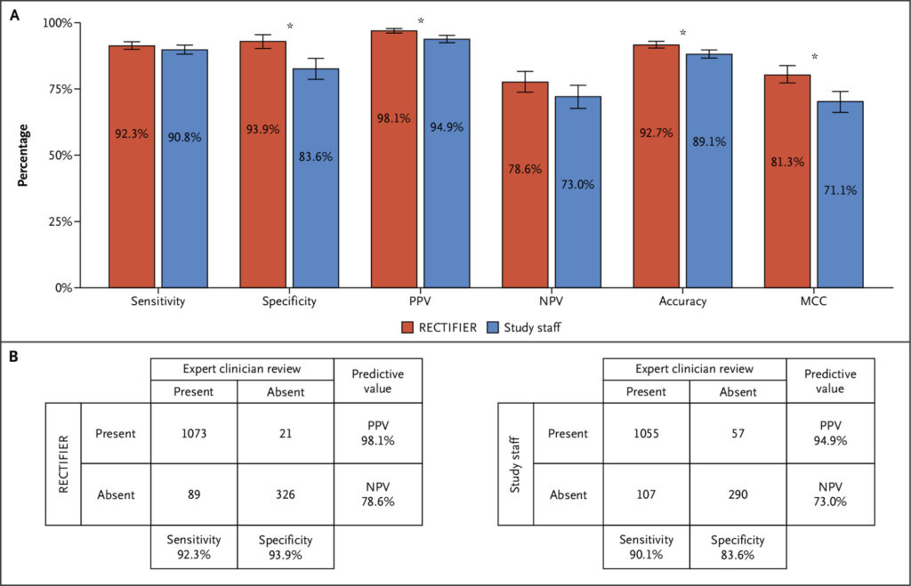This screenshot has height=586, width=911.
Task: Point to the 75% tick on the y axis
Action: [78, 89]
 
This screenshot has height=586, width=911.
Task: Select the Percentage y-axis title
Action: [25, 156]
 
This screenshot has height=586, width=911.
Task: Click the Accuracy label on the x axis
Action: [683, 302]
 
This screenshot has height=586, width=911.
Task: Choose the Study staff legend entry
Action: [524, 327]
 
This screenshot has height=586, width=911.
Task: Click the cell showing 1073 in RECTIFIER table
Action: [194, 434]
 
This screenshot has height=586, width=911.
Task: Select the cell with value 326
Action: [286, 494]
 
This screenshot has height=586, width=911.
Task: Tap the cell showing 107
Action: [648, 494]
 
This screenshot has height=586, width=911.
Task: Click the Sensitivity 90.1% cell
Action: [648, 547]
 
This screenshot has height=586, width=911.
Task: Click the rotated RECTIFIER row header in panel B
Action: [63, 463]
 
